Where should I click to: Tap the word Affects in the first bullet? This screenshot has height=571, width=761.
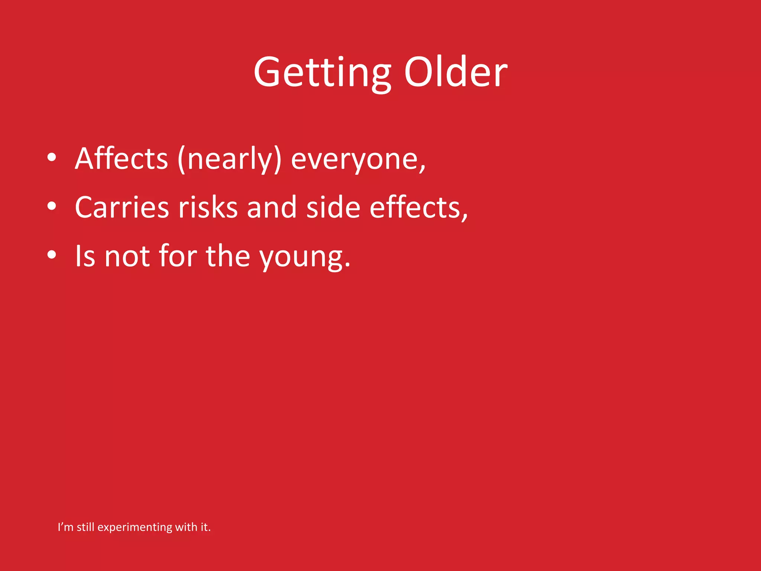(x=122, y=159)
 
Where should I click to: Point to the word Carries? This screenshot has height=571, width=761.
(x=122, y=207)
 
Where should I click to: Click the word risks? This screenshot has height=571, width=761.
(x=208, y=207)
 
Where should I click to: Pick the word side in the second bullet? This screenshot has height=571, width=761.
(x=333, y=207)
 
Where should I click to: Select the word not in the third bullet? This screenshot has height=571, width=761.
(x=127, y=257)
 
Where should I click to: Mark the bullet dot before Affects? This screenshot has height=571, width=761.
(x=52, y=157)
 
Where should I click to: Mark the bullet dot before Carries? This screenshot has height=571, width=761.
(x=52, y=206)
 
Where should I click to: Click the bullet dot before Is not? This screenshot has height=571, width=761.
(x=52, y=255)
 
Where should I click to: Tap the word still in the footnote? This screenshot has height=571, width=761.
(x=85, y=527)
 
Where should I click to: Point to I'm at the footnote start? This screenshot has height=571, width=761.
(x=65, y=527)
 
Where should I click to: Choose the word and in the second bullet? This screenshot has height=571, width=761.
(x=272, y=207)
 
